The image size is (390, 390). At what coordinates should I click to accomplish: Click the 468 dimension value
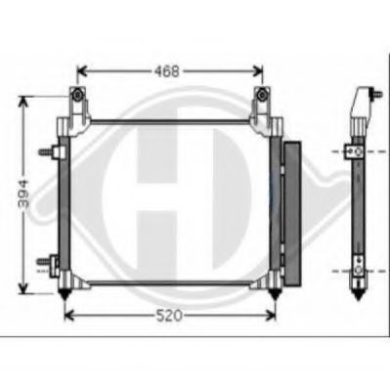(167, 71)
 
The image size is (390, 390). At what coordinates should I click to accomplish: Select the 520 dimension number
(169, 316)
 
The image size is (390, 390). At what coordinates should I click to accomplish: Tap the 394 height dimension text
(23, 194)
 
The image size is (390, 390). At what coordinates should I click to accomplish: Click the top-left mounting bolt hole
(77, 95)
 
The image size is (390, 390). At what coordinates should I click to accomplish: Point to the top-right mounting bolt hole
(261, 95)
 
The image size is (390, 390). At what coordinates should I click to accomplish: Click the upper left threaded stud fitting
(49, 152)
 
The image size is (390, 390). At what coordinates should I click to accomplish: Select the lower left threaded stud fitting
(48, 262)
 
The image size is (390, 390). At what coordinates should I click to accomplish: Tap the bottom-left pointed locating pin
(65, 294)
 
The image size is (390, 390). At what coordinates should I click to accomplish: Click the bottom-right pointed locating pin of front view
(275, 294)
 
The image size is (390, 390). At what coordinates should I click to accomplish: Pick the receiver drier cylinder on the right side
(292, 214)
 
